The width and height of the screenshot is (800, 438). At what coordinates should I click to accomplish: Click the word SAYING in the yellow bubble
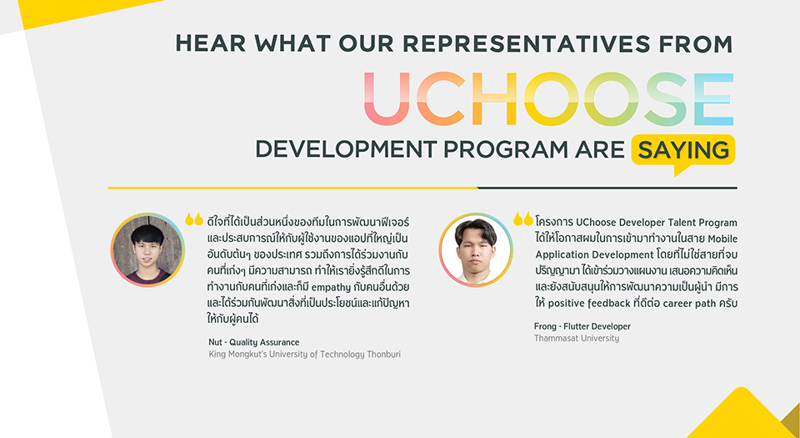coord(683,150)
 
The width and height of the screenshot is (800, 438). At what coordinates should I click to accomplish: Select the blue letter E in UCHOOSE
coord(714,98)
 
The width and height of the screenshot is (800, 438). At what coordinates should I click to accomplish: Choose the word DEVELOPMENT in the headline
coord(346,149)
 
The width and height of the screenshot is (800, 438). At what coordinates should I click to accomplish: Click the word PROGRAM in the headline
coord(506,149)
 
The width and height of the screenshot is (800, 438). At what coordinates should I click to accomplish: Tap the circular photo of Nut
coord(148,249)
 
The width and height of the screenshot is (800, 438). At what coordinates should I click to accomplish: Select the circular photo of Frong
coord(476,249)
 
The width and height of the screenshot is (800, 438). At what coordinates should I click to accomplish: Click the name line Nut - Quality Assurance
coord(253,342)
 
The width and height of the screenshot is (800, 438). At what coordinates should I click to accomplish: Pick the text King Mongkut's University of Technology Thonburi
coord(305,355)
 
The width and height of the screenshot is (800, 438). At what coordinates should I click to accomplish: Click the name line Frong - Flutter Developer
coord(582,326)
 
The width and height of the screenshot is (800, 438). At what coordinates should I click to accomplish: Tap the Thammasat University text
coord(577,339)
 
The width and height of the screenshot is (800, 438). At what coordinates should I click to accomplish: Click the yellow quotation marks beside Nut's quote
coord(194,219)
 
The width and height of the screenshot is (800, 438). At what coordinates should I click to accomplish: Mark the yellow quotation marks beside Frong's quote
coord(523,219)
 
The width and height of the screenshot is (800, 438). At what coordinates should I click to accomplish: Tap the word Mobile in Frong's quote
coord(722,239)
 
